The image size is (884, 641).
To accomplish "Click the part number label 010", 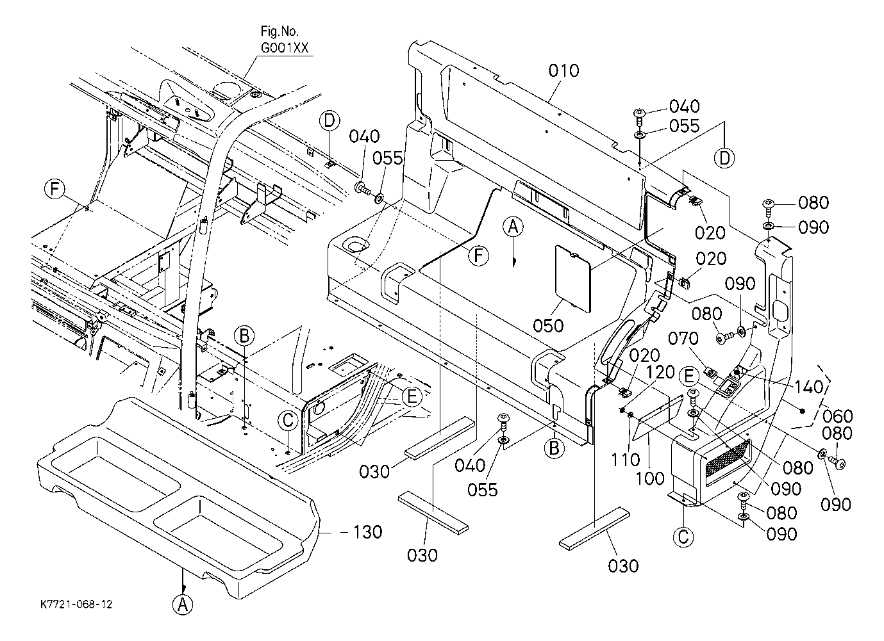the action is [563, 71].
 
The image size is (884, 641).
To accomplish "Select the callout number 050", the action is [548, 326].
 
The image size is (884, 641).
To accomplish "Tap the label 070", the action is [683, 339].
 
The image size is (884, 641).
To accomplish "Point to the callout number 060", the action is [838, 416].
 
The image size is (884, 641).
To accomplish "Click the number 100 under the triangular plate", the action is [651, 478].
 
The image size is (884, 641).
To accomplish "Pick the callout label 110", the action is [626, 459].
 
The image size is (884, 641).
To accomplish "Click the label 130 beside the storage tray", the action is [367, 531].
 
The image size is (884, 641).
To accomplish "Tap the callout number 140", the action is [809, 387].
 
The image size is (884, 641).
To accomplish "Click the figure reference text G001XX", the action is [285, 47].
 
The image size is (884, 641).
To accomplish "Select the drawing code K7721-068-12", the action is [76, 604].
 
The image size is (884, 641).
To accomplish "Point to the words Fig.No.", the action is [279, 31].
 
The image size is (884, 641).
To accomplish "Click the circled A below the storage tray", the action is [183, 604].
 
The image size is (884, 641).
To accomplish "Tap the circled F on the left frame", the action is [54, 189].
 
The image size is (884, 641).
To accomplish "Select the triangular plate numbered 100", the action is [658, 417].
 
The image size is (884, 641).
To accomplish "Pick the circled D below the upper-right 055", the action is [724, 158].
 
